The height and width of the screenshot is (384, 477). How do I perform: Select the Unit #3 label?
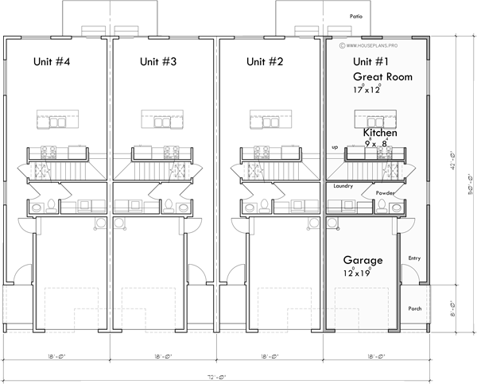point(158,61)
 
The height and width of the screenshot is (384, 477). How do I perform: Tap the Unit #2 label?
point(265,61)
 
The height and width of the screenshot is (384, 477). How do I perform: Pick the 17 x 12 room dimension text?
point(367,91)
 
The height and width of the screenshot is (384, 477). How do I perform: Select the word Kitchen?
point(380,133)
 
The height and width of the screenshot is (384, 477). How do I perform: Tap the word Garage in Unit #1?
point(363,260)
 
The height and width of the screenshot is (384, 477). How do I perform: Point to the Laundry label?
point(343,186)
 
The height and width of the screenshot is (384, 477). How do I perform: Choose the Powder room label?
point(386,192)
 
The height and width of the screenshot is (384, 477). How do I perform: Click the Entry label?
point(414,258)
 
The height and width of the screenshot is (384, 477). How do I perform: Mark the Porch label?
point(414,308)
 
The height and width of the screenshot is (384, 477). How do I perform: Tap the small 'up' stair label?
point(335,147)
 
